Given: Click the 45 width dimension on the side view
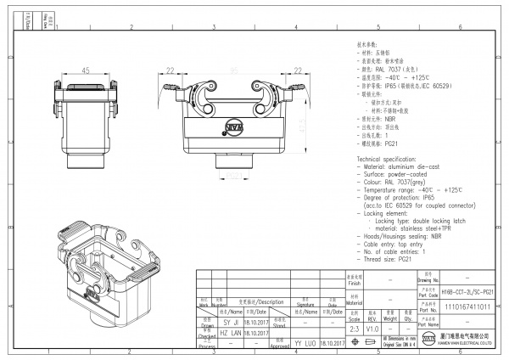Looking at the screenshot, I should (x=86, y=70).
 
